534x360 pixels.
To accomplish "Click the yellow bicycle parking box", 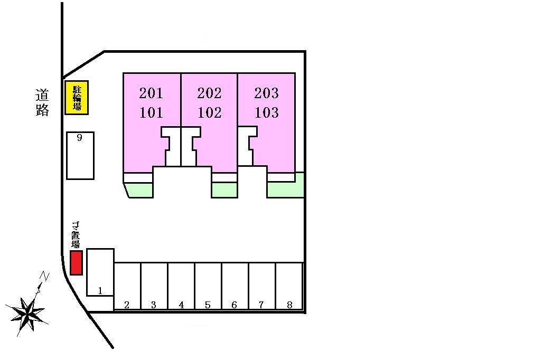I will click(77, 98).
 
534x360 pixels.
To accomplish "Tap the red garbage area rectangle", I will click(77, 262).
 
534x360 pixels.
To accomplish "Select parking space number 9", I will click(80, 156).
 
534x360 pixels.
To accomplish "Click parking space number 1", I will click(100, 272).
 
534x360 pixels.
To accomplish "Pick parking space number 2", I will click(127, 286).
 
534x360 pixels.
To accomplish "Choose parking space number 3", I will click(154, 286).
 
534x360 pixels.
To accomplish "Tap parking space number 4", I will click(181, 286).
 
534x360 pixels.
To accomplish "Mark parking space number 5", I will click(208, 286).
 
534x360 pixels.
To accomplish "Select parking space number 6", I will click(235, 286).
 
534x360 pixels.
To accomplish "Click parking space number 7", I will click(262, 286).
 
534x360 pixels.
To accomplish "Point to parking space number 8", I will click(289, 286).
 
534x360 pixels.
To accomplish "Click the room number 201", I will click(151, 93).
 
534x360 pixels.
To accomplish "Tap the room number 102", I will click(209, 113).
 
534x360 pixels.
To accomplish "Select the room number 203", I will click(266, 93).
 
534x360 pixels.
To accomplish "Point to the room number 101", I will click(151, 113).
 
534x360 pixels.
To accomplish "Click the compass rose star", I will click(27, 311).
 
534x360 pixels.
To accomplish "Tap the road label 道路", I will click(43, 102).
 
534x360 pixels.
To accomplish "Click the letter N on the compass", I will click(45, 276).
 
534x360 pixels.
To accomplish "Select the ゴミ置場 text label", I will click(76, 235).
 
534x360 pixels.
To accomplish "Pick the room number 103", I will click(266, 113).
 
